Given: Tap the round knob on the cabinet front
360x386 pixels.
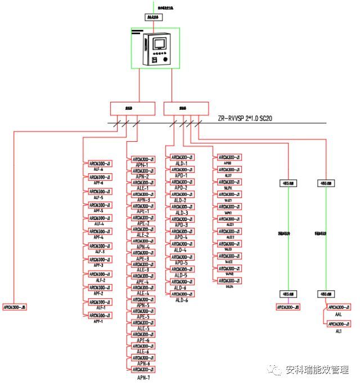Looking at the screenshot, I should (165, 59).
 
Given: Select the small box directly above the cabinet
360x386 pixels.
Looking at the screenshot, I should (153, 17).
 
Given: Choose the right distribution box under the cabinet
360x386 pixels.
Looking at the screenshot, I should (186, 108).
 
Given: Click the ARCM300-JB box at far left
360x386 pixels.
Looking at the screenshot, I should (15, 307).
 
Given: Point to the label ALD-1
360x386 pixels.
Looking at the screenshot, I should (181, 163).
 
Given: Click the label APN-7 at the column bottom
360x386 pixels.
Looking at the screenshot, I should (143, 376).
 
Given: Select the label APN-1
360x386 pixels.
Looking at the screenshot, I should (143, 165).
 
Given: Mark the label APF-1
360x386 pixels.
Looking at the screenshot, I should (98, 321).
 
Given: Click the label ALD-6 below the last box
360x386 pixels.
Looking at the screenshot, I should (181, 300).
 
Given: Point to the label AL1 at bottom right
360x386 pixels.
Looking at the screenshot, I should (339, 332).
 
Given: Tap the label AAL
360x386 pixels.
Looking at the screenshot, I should (338, 315).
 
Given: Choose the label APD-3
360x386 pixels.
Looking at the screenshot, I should (181, 225).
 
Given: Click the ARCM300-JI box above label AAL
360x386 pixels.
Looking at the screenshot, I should (339, 307).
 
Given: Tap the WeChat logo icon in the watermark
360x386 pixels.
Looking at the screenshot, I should (276, 370).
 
